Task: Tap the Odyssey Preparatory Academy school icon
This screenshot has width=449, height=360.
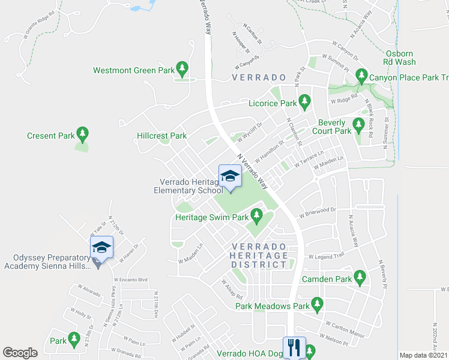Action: coord(101,248)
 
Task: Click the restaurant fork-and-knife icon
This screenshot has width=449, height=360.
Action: coord(294,347)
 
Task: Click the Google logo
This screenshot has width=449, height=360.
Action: coord(20,353)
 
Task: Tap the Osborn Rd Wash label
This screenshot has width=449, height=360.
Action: coord(399,58)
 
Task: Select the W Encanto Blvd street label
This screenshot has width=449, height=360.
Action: coord(130,280)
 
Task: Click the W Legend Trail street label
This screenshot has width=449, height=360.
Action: coord(327,256)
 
